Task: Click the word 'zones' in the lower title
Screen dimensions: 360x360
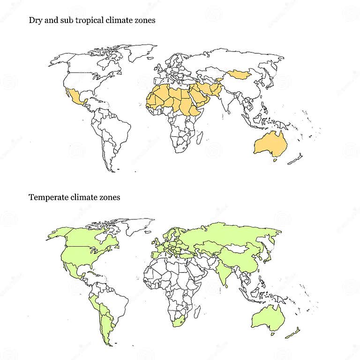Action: [x=110, y=197]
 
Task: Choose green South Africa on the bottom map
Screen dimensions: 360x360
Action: [x=179, y=322]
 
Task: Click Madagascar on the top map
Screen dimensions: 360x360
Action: [x=200, y=137]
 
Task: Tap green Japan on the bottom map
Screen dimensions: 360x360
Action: [x=271, y=256]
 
